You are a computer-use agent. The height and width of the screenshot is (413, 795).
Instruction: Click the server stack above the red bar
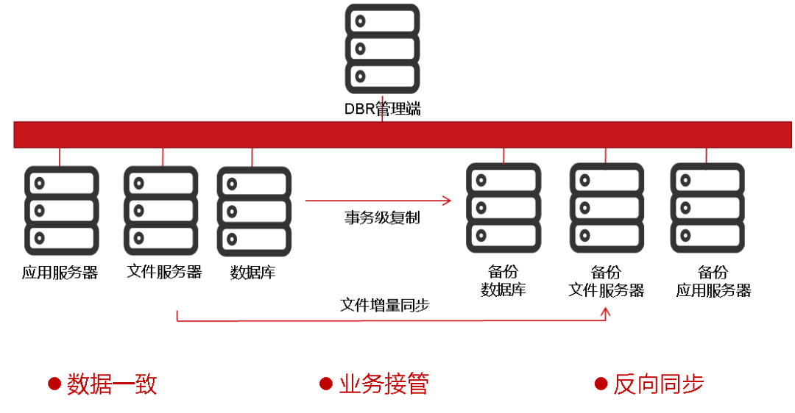coord(382,49)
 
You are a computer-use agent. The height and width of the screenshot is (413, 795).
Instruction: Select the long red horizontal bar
coord(403,134)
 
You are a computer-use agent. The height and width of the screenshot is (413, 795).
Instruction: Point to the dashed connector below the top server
coord(382,107)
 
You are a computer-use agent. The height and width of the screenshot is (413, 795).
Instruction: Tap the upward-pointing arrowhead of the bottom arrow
coord(605,312)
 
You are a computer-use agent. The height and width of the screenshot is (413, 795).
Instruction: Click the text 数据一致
coord(112,384)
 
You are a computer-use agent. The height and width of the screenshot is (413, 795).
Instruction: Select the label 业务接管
coord(384,384)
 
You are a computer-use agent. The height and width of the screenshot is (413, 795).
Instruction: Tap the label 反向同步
coord(659,384)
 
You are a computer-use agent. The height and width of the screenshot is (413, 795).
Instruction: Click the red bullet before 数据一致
coord(54,384)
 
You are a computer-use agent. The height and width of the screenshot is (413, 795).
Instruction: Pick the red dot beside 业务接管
coord(326,384)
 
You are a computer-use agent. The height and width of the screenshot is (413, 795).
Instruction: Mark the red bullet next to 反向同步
coord(601,384)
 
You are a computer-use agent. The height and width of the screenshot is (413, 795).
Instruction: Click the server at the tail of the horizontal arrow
coord(254,212)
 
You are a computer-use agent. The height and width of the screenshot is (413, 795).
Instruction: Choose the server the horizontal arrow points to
coord(504,208)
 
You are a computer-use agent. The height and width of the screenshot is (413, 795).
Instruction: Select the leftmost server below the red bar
coord(62,211)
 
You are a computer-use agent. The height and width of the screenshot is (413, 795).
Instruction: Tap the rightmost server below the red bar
coord(707,208)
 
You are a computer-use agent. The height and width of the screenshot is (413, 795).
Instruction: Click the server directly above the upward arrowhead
coord(607,208)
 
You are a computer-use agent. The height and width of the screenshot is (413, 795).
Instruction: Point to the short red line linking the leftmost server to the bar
coord(60,157)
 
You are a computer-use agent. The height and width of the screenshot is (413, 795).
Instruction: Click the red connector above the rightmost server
coord(706,155)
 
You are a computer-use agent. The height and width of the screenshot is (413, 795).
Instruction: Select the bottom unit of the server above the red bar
coord(382,76)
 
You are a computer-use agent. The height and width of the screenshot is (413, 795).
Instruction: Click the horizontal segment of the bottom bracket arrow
coord(390,321)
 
